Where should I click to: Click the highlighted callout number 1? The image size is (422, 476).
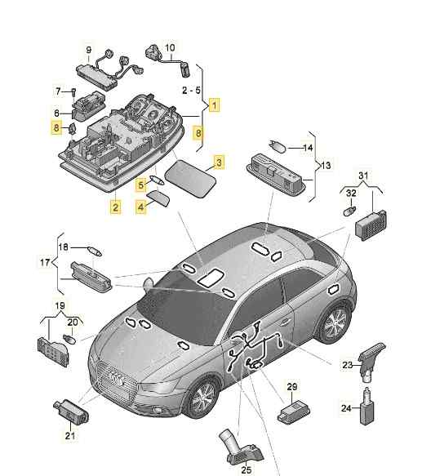[x=215, y=105]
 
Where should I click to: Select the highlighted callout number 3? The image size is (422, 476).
[x=219, y=162]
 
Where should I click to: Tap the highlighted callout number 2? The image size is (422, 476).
[x=115, y=207]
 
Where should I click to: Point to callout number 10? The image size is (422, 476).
[x=170, y=47]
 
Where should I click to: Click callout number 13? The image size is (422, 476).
[x=326, y=166]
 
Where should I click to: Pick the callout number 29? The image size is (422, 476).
[x=292, y=387]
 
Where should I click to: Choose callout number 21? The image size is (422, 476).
[x=70, y=436]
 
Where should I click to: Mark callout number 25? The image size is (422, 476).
[x=247, y=470]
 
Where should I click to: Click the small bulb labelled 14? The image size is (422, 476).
[x=278, y=147]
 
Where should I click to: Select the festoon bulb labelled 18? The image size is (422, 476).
[x=95, y=251]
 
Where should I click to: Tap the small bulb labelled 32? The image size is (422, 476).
[x=349, y=211]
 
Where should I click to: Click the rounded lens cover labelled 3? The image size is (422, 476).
[x=190, y=179]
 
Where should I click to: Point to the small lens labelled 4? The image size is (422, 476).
[x=158, y=198]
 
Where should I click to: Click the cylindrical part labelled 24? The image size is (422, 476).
[x=366, y=406]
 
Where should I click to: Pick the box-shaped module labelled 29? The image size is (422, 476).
[x=293, y=411]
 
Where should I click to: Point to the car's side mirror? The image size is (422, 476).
[x=149, y=284]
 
